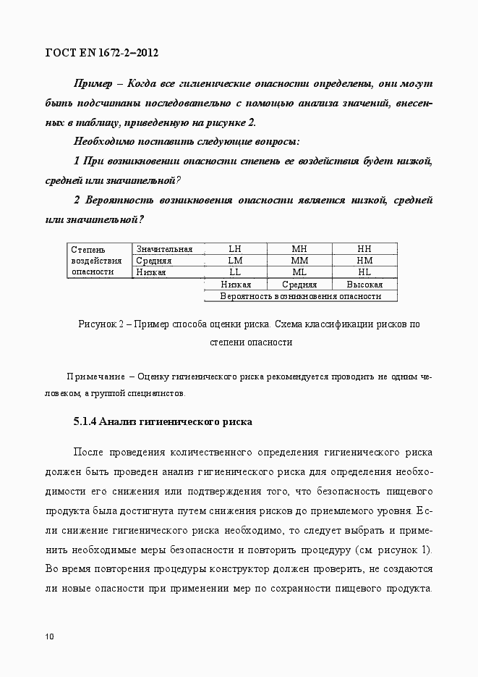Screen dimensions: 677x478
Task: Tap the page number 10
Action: coord(50,636)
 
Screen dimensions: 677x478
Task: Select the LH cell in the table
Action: coord(234,249)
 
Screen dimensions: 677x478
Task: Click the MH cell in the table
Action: coord(299,249)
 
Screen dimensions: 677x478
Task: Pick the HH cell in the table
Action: coord(364,249)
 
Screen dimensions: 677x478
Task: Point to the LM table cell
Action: coord(234,261)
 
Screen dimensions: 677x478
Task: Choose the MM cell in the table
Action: coord(299,261)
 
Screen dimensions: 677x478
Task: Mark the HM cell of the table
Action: coord(364,261)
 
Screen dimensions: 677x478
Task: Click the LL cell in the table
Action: coord(234,272)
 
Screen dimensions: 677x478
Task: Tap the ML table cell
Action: coord(299,272)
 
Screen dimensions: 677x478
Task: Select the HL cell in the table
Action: coord(364,272)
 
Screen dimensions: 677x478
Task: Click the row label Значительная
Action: coord(164,249)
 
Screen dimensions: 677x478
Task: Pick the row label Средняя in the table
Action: coord(154,261)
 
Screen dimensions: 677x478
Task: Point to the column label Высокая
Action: coord(364,285)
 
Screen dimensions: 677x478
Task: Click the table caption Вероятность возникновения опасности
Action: coord(301,296)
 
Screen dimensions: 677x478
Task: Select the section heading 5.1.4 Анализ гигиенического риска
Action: coord(162,421)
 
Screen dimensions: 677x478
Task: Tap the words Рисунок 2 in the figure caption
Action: coord(101,324)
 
